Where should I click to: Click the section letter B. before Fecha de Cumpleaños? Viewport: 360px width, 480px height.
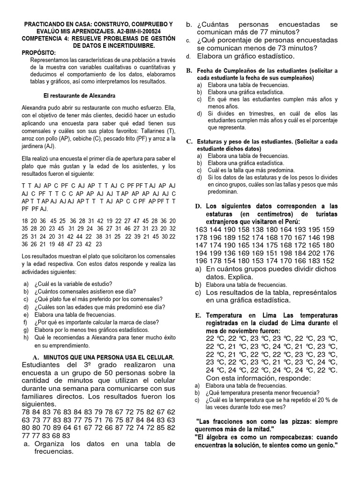click(189, 70)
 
